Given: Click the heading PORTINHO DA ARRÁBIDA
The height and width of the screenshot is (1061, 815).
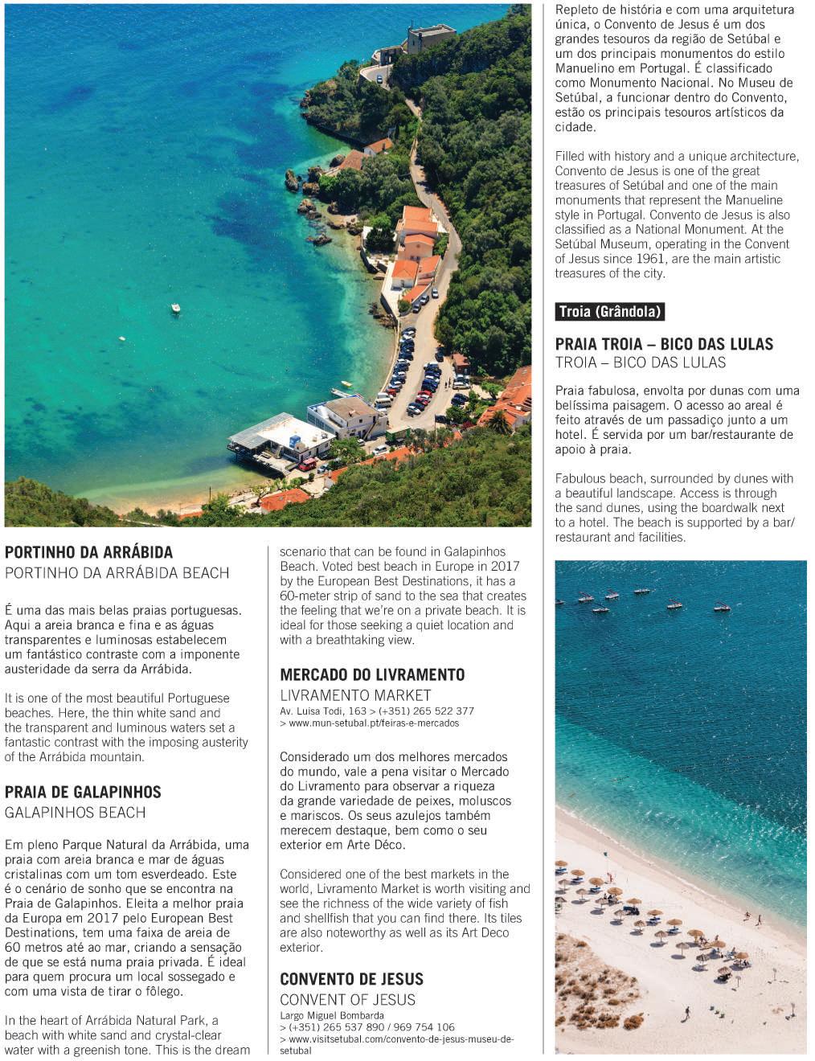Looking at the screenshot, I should (x=88, y=552).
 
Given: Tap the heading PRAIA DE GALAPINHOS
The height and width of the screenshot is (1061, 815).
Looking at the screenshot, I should (x=83, y=792).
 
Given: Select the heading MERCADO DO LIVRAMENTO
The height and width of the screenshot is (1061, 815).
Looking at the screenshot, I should (x=372, y=674).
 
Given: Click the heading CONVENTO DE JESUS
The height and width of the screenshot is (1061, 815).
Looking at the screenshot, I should (x=351, y=979).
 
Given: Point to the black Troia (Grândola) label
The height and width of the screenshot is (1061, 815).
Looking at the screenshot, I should (x=609, y=312).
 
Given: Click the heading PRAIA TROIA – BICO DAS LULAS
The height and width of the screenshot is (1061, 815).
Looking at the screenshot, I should (x=664, y=344).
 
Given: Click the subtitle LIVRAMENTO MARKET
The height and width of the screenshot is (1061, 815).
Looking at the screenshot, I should (x=355, y=695).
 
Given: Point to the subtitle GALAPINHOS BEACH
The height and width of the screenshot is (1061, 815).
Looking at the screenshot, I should (x=76, y=813).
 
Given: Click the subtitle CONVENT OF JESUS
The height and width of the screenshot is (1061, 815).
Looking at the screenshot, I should (x=347, y=1000).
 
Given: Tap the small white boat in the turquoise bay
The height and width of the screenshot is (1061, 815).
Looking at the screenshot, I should (x=175, y=308).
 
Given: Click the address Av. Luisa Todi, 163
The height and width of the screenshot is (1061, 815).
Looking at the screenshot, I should (x=322, y=711).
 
